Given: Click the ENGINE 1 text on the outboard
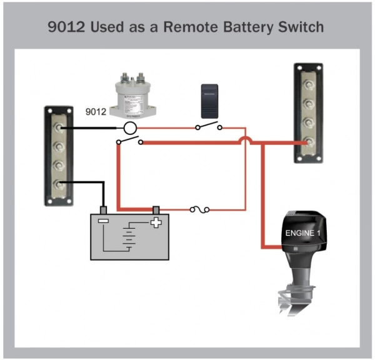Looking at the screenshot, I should (303, 234).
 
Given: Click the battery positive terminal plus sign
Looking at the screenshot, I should (156, 222).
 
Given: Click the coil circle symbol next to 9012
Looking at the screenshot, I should (129, 127).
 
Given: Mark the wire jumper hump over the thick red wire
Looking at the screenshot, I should (247, 140).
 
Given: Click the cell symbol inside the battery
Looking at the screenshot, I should (129, 237).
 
